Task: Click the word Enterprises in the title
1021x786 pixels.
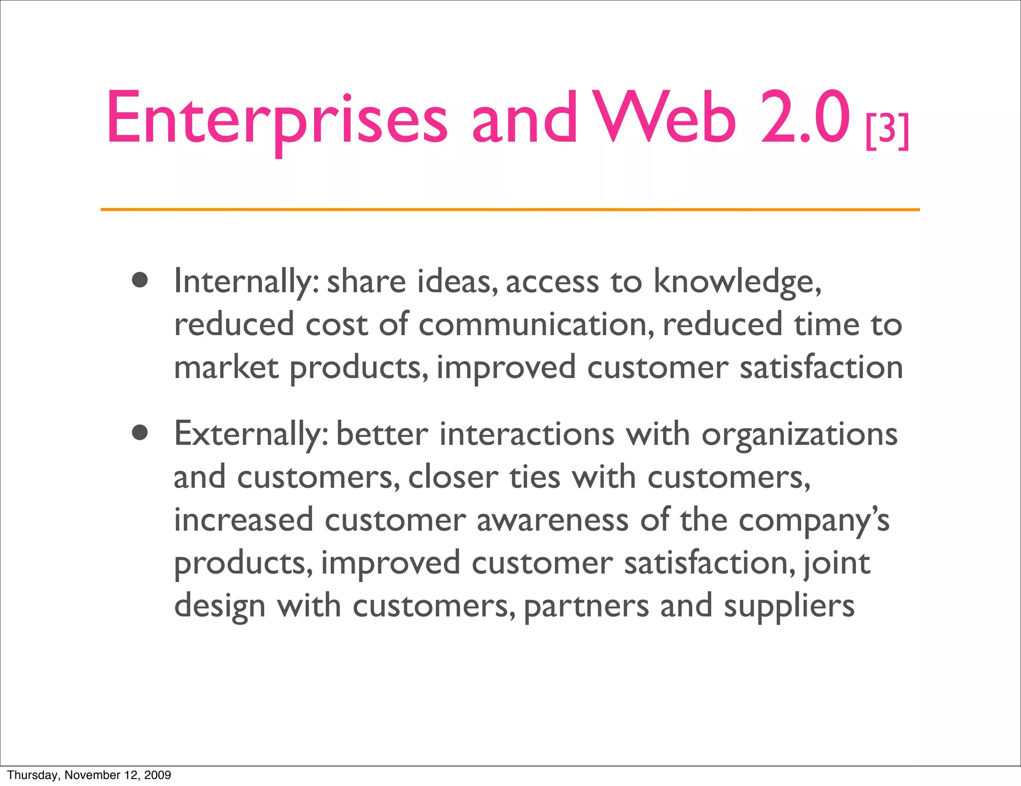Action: click(277, 119)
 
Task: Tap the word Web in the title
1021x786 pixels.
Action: click(666, 118)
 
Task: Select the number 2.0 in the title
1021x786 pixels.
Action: click(805, 118)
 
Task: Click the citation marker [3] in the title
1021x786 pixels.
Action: click(887, 131)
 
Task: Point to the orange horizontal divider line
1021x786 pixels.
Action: click(510, 209)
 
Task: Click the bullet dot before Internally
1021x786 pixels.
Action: click(140, 280)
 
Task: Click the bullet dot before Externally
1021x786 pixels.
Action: click(140, 432)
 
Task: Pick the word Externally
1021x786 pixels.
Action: click(251, 434)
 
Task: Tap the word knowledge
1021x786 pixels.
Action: click(737, 282)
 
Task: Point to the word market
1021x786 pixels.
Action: click(226, 367)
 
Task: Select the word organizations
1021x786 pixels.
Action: click(799, 434)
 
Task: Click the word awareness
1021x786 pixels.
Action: click(552, 520)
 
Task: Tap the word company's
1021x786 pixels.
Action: click(814, 521)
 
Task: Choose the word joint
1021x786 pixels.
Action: click(838, 564)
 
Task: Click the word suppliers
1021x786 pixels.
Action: click(789, 606)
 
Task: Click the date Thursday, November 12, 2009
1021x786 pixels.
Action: click(89, 775)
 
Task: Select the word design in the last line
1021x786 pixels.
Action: click(219, 606)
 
